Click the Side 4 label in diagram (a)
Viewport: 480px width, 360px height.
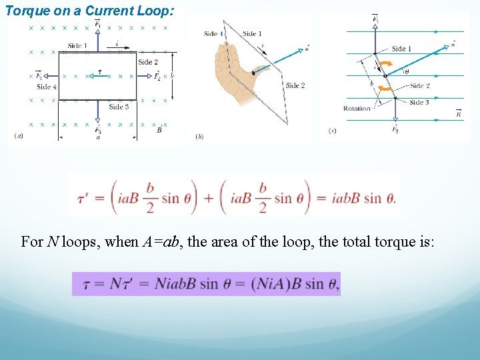pyautogui.click(x=47, y=87)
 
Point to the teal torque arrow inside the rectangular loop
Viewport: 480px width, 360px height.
pyautogui.click(x=95, y=76)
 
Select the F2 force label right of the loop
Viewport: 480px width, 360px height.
pyautogui.click(x=158, y=76)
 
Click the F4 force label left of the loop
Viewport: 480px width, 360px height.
pyautogui.click(x=39, y=76)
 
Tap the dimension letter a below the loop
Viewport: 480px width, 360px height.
pyautogui.click(x=99, y=138)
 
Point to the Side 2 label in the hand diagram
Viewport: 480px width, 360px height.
pyautogui.click(x=295, y=85)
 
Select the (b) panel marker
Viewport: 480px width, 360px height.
pyautogui.click(x=199, y=137)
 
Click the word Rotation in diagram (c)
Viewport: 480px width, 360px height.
pyautogui.click(x=357, y=109)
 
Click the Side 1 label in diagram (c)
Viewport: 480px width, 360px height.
pyautogui.click(x=401, y=49)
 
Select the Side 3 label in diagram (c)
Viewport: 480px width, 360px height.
pyautogui.click(x=419, y=102)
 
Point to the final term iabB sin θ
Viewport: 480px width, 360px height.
pyautogui.click(x=364, y=198)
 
